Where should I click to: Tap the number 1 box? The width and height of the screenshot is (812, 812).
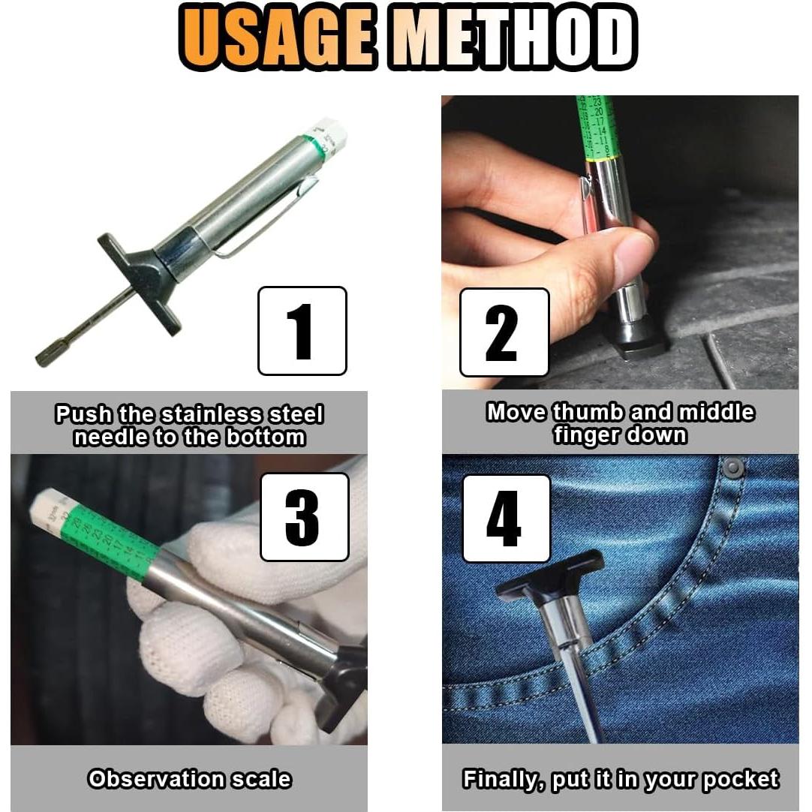pyautogui.click(x=302, y=331)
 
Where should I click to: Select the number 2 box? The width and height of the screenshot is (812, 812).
pyautogui.click(x=504, y=332)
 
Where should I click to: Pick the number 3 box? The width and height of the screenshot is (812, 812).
pyautogui.click(x=304, y=517)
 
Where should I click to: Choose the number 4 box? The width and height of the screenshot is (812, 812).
pyautogui.click(x=505, y=519)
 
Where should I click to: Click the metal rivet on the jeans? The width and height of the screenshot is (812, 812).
pyautogui.click(x=732, y=468)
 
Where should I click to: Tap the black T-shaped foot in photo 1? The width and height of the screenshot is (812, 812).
pyautogui.click(x=143, y=281)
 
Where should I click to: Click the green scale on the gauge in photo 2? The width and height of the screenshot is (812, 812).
pyautogui.click(x=598, y=128)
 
